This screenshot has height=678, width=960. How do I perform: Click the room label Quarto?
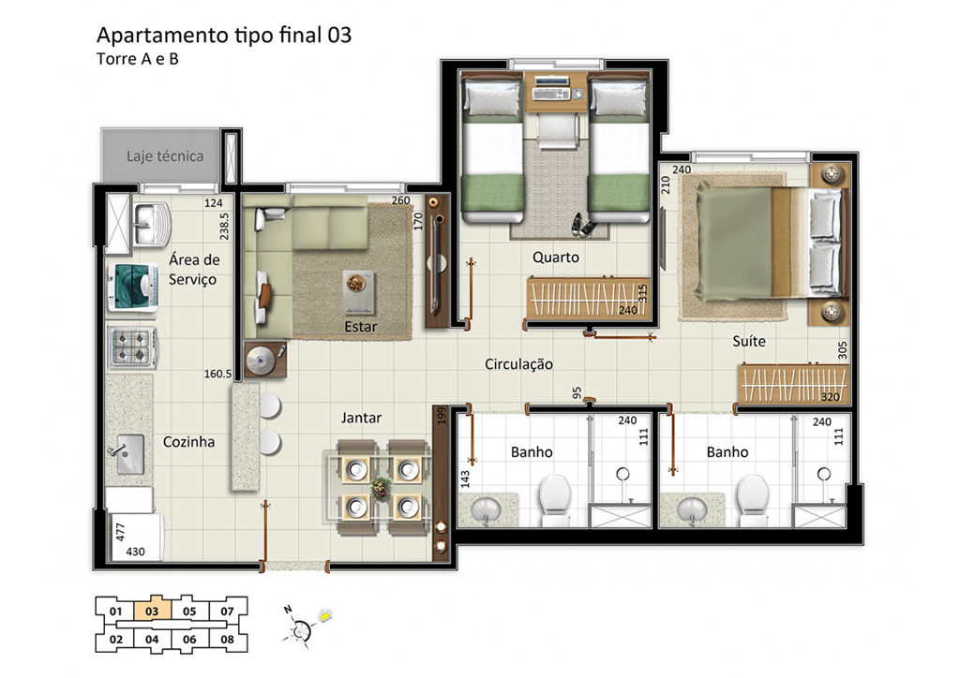click(x=555, y=258)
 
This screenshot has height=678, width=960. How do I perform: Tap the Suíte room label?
click(x=749, y=341)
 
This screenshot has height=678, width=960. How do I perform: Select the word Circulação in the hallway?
click(x=518, y=364)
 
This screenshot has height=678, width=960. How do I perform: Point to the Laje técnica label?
click(x=165, y=155)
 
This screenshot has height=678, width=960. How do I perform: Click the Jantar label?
click(x=361, y=418)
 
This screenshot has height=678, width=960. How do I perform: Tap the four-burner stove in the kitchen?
click(x=132, y=347)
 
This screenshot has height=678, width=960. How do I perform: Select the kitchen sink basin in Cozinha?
click(x=129, y=454)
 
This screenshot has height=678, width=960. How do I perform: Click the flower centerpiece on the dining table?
click(x=382, y=488)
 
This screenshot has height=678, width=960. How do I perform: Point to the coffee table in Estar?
click(x=359, y=291)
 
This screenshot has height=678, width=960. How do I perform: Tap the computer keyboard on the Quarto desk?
click(x=551, y=95)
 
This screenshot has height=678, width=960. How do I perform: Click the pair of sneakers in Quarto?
click(x=582, y=225)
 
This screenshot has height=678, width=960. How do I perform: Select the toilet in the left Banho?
click(x=555, y=499)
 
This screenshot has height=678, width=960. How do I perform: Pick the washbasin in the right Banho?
click(x=692, y=508)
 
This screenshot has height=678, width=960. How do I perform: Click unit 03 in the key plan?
click(x=153, y=611)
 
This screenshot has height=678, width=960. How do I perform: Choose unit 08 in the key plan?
click(x=227, y=640)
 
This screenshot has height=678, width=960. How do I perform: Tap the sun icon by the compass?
click(x=325, y=615)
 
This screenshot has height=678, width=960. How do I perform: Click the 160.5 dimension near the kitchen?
click(x=217, y=374)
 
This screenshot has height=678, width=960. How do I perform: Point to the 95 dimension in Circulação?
click(x=577, y=393)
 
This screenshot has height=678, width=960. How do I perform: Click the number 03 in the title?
click(x=339, y=36)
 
